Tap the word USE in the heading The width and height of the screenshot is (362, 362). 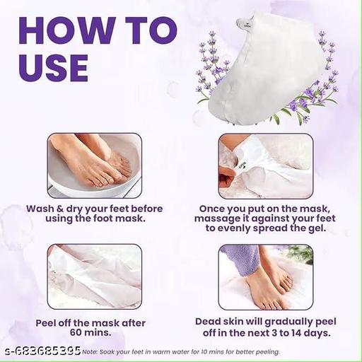[x=54, y=68]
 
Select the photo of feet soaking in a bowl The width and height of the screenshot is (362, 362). [x=95, y=165]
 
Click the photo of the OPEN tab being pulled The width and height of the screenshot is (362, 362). [x=266, y=166]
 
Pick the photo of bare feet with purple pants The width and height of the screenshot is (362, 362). [x=266, y=277]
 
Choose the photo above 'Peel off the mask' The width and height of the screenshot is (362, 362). [x=95, y=276]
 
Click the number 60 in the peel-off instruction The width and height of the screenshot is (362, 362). [x=76, y=332]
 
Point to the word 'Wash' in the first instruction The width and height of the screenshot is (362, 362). [x=40, y=209]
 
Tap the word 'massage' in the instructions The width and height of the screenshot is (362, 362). [x=215, y=218]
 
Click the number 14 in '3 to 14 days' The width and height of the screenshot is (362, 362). [x=296, y=333]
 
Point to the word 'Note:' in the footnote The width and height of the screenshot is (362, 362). [x=90, y=352]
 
